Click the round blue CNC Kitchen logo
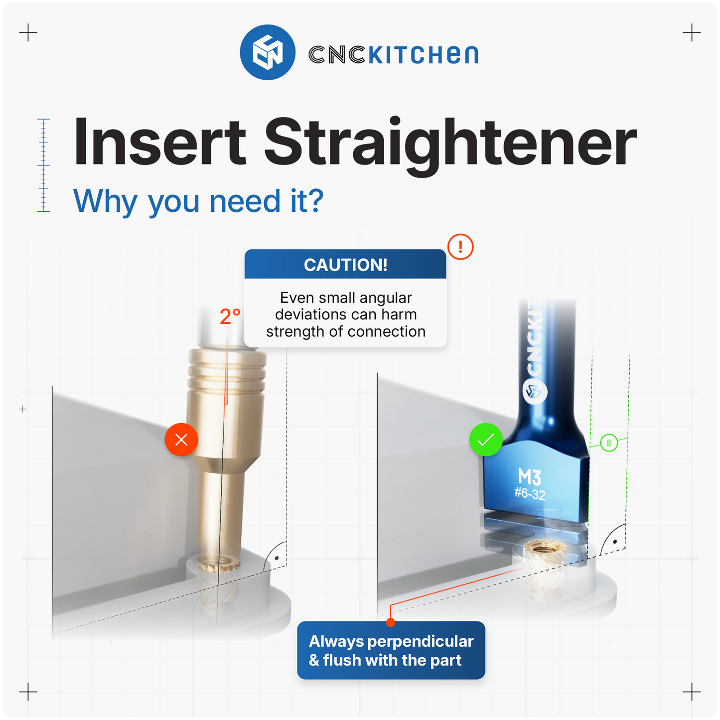tap(268, 52)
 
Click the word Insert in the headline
tap(159, 143)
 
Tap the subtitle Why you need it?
tap(198, 201)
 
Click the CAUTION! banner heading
tap(345, 265)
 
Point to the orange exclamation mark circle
tap(460, 247)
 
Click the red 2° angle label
tap(230, 317)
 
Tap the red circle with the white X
tap(181, 439)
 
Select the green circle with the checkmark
tap(486, 439)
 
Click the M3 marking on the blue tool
tap(530, 477)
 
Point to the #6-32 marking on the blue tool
tap(530, 494)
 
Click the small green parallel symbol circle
tap(609, 442)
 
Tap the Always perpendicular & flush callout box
tap(391, 650)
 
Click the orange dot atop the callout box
tap(391, 622)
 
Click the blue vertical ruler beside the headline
tap(43, 165)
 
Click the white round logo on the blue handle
tap(535, 391)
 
